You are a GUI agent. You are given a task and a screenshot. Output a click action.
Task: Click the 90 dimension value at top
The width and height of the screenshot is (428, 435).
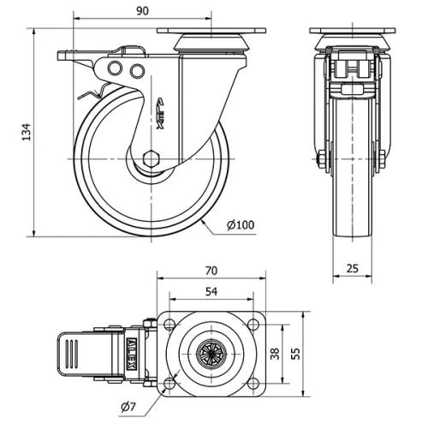(142, 10)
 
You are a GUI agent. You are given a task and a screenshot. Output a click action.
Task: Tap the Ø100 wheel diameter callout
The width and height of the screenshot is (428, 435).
(241, 225)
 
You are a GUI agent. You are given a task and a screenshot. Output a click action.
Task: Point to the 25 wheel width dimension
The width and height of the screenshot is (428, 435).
(353, 268)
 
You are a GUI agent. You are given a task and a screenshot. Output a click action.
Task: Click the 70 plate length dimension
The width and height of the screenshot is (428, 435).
(211, 270)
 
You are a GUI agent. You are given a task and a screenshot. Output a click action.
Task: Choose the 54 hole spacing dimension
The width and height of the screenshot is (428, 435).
(211, 292)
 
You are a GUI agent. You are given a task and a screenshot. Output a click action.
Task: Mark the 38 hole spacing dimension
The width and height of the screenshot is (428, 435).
(276, 353)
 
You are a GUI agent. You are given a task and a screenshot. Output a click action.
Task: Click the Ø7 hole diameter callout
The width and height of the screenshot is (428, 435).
(128, 406)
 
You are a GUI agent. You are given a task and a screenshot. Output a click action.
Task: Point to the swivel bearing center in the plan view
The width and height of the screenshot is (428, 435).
(211, 353)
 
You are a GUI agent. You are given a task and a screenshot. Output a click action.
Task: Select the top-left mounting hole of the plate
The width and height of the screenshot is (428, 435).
(169, 325)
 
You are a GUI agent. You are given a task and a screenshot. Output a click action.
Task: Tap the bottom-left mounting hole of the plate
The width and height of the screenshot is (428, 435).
(169, 382)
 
